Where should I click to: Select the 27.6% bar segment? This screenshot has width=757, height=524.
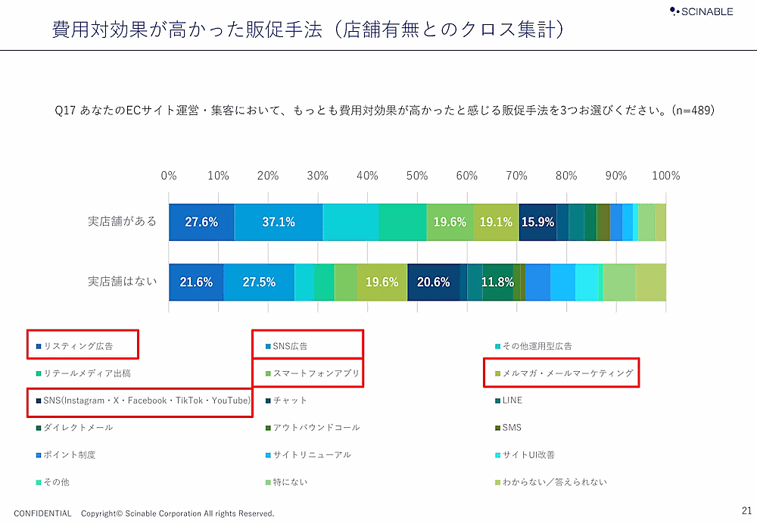201,223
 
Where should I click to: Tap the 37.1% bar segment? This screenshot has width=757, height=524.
279,223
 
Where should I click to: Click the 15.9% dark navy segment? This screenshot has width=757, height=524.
537,223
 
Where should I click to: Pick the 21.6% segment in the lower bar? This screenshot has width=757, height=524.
196,282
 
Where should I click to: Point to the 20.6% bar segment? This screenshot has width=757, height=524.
434,282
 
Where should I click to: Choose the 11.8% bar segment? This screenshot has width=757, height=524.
497,282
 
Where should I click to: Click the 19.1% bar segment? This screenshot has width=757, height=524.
496,223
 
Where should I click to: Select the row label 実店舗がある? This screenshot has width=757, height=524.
122,222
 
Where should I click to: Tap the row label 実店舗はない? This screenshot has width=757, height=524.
122,282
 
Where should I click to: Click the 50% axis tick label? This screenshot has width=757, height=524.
417,176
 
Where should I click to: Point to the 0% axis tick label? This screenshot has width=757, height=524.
169,176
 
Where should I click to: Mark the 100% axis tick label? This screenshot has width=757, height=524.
666,176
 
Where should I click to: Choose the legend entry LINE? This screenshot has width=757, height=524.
512,400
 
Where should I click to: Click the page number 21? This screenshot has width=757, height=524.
746,510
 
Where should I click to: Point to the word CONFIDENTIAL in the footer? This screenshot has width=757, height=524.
42,513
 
